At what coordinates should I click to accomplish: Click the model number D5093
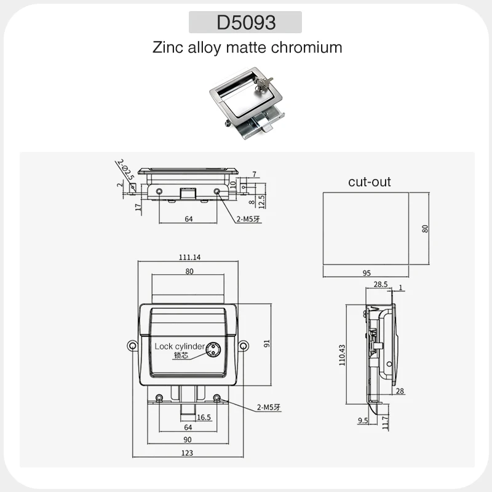click(246, 22)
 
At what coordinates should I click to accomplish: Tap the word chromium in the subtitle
click(306, 47)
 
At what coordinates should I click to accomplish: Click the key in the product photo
click(263, 83)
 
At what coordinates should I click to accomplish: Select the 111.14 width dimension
click(189, 257)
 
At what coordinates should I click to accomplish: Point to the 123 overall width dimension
click(187, 453)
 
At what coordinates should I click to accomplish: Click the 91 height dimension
click(267, 344)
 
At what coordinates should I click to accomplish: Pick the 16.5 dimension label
click(204, 418)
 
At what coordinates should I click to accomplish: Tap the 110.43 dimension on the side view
click(342, 355)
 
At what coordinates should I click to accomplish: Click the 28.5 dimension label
click(380, 284)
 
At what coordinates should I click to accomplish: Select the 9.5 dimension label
click(363, 421)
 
